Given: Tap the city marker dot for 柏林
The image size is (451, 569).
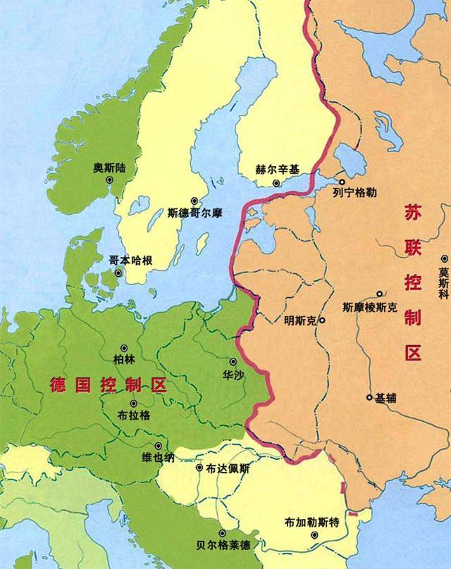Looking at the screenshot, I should point(123,348).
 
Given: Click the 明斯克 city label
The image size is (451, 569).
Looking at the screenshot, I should point(301,320).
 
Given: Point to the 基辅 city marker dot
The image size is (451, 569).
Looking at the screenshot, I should point(369,397).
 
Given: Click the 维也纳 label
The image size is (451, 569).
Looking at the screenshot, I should point(157,458).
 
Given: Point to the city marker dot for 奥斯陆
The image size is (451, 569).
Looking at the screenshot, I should point(110,180).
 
